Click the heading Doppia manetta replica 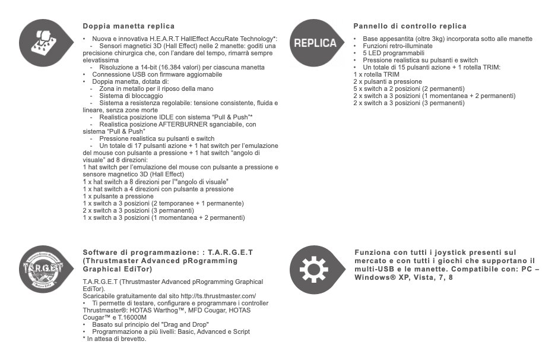coord(128,26)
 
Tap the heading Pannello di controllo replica coord(410,26)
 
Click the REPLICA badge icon coord(315,43)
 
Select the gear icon coord(314,270)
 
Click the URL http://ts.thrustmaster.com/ coord(218,296)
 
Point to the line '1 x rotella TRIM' coord(376,74)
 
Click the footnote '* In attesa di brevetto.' coord(115,339)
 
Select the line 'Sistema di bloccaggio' coord(131,96)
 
